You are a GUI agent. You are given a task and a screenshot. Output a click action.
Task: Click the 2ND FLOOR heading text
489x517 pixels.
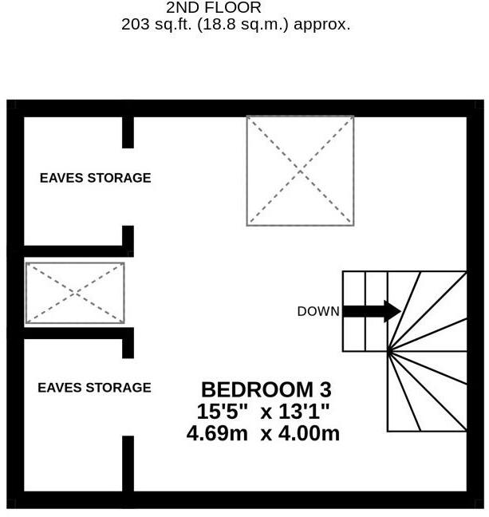[213, 7]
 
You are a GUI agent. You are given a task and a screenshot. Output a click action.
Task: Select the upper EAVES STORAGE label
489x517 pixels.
[95, 178]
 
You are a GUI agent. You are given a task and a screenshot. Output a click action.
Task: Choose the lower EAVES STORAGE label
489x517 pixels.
[94, 388]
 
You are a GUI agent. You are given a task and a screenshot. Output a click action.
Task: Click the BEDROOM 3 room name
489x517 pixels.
[265, 390]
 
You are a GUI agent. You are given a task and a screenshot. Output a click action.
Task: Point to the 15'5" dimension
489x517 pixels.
[223, 412]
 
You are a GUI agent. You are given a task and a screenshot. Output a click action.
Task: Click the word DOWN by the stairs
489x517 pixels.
[317, 312]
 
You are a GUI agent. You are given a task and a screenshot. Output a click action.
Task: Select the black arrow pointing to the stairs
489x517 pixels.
[372, 311]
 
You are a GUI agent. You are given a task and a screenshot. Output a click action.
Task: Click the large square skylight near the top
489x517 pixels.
[300, 170]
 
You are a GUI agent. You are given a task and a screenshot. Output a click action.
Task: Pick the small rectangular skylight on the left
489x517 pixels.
[75, 293]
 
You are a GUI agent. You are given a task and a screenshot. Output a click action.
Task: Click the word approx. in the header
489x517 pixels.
[322, 24]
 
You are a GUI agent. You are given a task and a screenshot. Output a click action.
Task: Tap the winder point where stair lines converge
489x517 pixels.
[388, 349]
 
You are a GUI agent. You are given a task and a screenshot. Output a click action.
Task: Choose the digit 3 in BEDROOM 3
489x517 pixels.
[325, 390]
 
